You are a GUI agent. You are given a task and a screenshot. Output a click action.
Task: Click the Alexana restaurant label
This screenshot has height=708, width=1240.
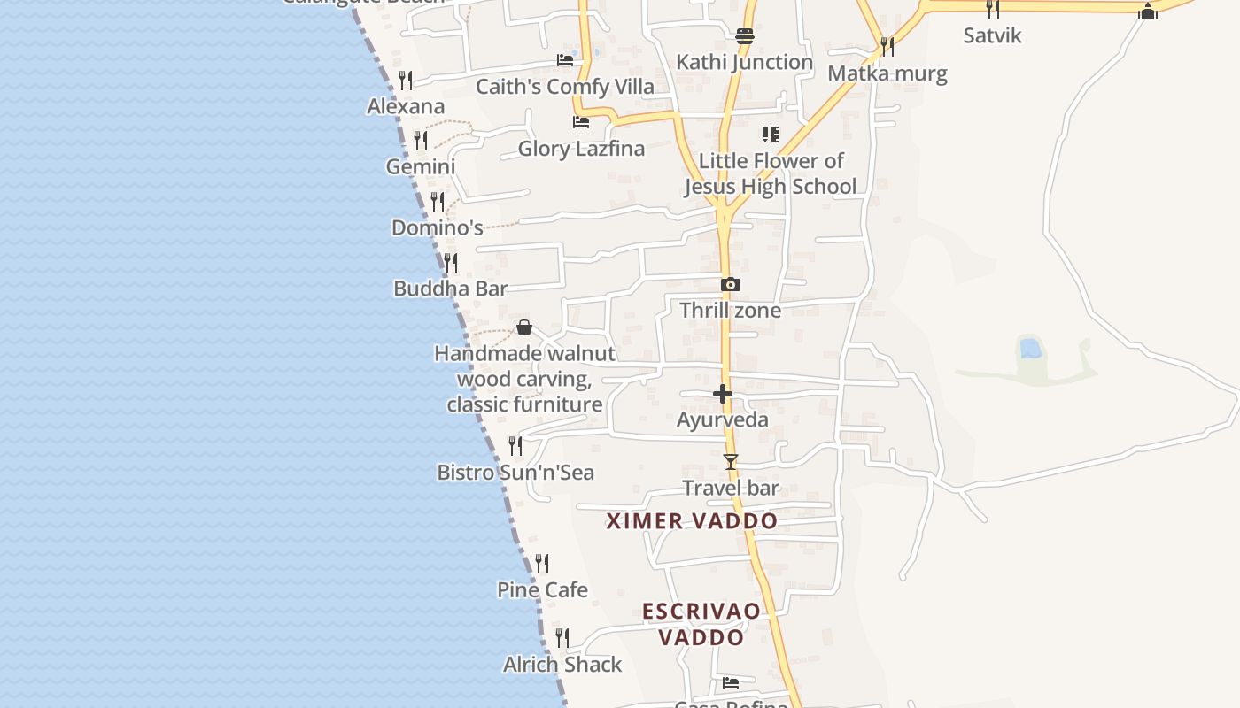(x=406, y=106)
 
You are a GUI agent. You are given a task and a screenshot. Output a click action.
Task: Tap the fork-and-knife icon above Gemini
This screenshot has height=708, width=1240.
(x=421, y=141)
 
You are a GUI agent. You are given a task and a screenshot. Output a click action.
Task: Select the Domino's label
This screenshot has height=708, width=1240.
(x=437, y=227)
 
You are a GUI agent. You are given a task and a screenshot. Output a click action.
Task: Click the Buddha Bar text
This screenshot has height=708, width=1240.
(x=450, y=289)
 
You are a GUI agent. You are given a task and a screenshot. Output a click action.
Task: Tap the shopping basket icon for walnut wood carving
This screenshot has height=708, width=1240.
(x=524, y=327)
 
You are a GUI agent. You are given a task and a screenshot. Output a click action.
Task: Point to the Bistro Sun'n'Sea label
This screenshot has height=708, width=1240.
(x=515, y=473)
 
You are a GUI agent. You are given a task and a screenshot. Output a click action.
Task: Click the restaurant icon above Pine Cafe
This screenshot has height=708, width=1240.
(x=542, y=563)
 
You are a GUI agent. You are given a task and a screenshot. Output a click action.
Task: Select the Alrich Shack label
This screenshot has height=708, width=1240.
(x=562, y=665)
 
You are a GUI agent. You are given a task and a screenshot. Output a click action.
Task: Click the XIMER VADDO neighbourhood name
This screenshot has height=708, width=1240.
(x=692, y=521)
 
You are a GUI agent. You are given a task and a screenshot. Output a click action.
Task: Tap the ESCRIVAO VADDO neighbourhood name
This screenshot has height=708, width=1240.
(x=701, y=624)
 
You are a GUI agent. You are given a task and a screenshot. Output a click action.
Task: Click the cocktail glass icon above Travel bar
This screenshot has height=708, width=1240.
(x=730, y=461)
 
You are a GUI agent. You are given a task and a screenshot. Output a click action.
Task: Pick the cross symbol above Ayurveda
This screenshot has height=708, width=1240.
(x=723, y=394)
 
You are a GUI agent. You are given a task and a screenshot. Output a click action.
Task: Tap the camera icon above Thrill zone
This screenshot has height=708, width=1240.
(x=730, y=284)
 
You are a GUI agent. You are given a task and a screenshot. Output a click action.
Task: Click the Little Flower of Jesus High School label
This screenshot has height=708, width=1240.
(x=771, y=173)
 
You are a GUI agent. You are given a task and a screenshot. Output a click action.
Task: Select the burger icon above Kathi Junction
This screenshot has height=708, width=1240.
(x=744, y=36)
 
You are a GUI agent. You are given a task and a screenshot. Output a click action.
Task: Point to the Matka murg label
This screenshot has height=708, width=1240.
(x=887, y=73)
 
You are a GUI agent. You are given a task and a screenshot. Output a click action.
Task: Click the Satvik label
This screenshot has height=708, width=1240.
(x=993, y=35)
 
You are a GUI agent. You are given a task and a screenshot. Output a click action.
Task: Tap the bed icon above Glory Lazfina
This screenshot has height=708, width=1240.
(x=581, y=121)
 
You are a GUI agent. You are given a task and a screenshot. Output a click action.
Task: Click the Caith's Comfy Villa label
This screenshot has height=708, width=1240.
(x=565, y=87)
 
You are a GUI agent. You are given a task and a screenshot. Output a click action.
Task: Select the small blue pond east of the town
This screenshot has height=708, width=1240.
(x=1030, y=348)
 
